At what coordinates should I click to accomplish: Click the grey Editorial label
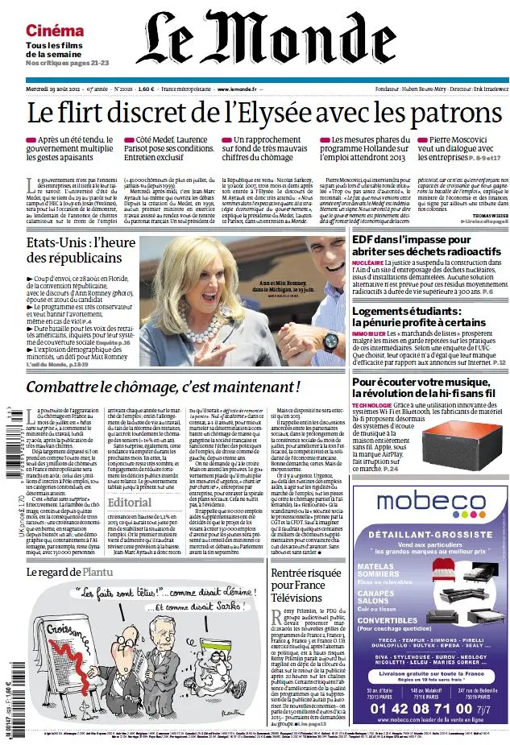click(x=129, y=502)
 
